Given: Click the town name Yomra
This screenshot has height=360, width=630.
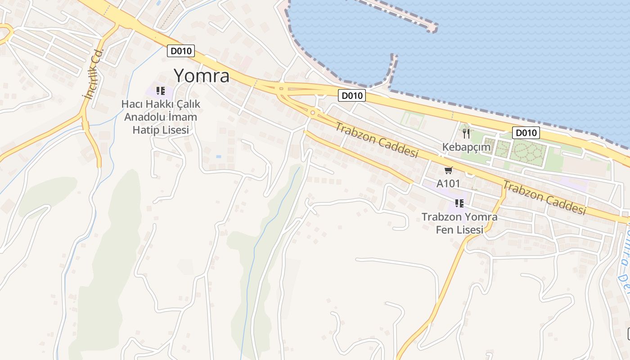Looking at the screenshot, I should pos(201,76).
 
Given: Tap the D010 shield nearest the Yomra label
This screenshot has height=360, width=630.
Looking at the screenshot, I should pos(181,51).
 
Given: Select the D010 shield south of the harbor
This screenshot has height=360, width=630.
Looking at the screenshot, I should pos(352,95).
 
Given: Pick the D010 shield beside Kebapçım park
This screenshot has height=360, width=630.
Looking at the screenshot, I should pos(526,133).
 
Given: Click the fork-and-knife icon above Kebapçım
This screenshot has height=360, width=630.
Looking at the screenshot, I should pos(466,133).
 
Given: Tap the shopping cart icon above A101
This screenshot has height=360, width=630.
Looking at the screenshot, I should pos(448,171).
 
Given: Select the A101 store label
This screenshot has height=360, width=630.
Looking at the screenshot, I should pos(448,184).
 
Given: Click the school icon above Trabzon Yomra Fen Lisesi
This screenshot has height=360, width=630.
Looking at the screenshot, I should pos(459,203).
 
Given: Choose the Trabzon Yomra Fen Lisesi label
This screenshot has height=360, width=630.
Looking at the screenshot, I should pos(459,223).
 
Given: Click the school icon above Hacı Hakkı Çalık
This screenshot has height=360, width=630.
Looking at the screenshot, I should pos(161,91).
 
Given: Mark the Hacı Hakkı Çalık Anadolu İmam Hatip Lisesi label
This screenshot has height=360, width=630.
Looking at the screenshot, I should pos(161,117).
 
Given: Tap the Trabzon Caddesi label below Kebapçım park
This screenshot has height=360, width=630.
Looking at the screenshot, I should pos(544,197).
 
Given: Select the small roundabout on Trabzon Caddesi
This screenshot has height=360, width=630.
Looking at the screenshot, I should pos(312,112).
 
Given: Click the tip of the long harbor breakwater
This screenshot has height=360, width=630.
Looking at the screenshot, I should pos(433,28).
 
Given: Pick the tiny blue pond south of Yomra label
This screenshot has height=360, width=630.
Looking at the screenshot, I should pos(219,157).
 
